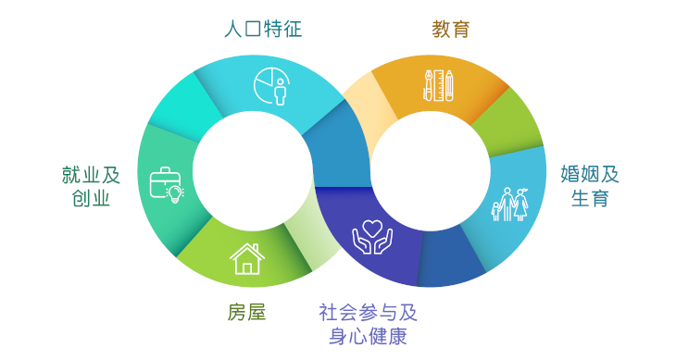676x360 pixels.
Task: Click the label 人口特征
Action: (x=263, y=29)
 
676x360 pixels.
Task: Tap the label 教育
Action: (x=451, y=29)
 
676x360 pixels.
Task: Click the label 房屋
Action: (x=246, y=312)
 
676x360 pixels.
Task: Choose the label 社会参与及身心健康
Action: (x=368, y=323)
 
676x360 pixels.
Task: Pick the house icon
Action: (x=246, y=258)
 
